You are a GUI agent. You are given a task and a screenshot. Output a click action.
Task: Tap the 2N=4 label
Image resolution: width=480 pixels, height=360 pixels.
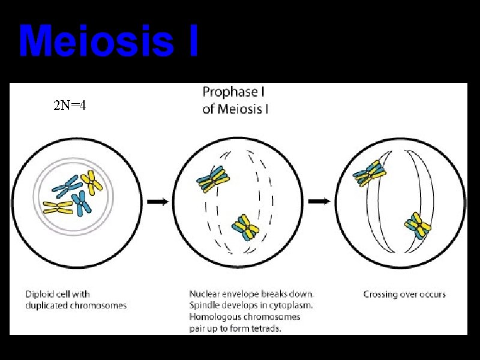pyautogui.click(x=69, y=106)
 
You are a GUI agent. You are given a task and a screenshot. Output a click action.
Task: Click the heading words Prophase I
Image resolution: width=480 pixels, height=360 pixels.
pyautogui.click(x=234, y=92)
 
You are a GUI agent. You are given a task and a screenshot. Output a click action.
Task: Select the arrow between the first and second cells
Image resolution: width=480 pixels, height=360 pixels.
pyautogui.click(x=158, y=202)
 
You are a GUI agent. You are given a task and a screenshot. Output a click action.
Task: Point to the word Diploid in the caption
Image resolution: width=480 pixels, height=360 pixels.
pyautogui.click(x=41, y=294)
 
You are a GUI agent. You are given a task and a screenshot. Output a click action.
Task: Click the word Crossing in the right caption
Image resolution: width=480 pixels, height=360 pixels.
pyautogui.click(x=382, y=294)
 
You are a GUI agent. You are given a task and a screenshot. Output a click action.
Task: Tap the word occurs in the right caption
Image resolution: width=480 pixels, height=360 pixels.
pyautogui.click(x=433, y=294)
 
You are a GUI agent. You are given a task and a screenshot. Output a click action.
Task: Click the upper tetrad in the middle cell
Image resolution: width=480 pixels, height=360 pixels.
pyautogui.click(x=213, y=178)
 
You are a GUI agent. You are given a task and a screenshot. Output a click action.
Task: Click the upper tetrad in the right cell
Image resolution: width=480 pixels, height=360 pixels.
pyautogui.click(x=370, y=173)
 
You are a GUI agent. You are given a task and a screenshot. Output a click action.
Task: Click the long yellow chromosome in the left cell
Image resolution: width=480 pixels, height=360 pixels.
pyautogui.click(x=58, y=208)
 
